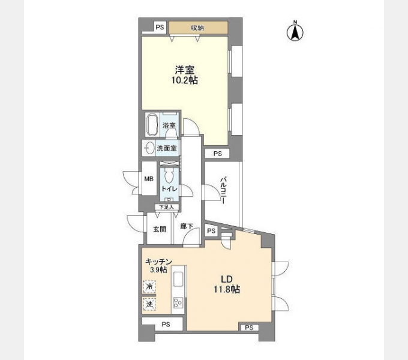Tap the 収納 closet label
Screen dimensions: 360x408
pyautogui.click(x=198, y=28)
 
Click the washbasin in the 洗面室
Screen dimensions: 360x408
pyautogui.click(x=148, y=148)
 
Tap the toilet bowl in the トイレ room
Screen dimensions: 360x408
pyautogui.click(x=170, y=176)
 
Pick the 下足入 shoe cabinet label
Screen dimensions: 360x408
pyautogui.click(x=166, y=207)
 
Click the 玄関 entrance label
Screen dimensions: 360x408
pyautogui.click(x=159, y=229)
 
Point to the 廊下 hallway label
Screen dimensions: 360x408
pyautogui.click(x=187, y=227)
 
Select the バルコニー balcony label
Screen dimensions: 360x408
pyautogui.click(x=223, y=191)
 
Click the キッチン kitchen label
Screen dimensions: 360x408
pyautogui.click(x=159, y=262)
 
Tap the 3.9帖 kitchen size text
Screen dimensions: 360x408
pyautogui.click(x=159, y=271)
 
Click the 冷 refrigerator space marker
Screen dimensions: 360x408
pyautogui.click(x=149, y=287)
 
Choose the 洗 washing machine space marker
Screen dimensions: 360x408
pyautogui.click(x=149, y=304)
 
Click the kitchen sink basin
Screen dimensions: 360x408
pyautogui.click(x=179, y=280)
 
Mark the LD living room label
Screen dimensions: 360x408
pyautogui.click(x=226, y=279)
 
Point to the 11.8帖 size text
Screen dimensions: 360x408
pyautogui.click(x=226, y=289)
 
